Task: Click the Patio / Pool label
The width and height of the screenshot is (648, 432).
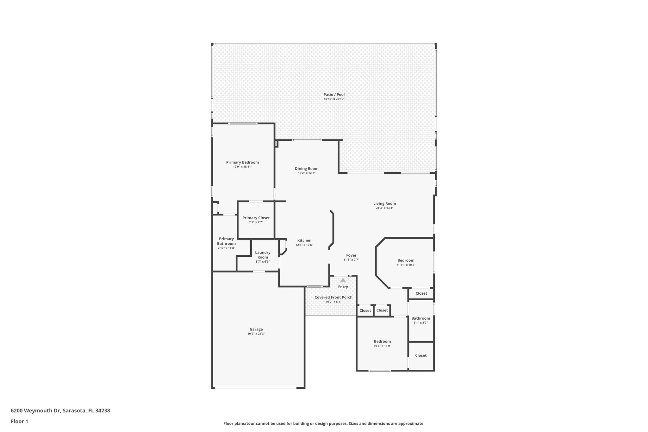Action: click(x=334, y=94)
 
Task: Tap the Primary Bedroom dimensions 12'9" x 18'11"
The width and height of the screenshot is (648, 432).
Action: click(x=242, y=167)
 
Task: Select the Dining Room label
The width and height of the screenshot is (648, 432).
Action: click(x=306, y=169)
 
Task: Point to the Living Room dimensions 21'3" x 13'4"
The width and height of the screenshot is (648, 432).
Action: click(x=384, y=208)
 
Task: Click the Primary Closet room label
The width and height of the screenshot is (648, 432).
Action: click(x=256, y=218)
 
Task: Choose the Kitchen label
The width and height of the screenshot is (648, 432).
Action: click(x=304, y=241)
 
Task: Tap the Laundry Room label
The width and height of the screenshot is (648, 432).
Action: click(x=263, y=255)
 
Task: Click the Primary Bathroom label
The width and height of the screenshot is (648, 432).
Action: click(x=226, y=241)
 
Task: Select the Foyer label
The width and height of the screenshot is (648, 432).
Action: click(x=351, y=255)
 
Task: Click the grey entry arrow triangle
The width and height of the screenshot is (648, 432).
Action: click(x=343, y=280)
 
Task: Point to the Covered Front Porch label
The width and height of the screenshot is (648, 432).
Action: click(x=333, y=297)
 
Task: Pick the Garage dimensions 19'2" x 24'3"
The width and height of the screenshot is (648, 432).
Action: click(x=256, y=334)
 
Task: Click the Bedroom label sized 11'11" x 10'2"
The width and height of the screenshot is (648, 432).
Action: click(x=406, y=260)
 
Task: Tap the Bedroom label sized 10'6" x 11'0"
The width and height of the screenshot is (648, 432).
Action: click(x=382, y=341)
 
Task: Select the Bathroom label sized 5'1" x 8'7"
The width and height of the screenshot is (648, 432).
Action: click(x=421, y=318)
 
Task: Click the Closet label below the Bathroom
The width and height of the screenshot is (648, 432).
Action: click(x=421, y=355)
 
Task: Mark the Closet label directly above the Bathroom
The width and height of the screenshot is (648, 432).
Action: click(x=421, y=293)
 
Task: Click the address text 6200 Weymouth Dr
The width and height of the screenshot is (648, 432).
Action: click(x=35, y=411)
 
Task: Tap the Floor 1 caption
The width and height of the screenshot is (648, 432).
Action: click(x=19, y=421)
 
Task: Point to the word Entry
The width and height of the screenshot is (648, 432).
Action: click(x=343, y=287)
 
